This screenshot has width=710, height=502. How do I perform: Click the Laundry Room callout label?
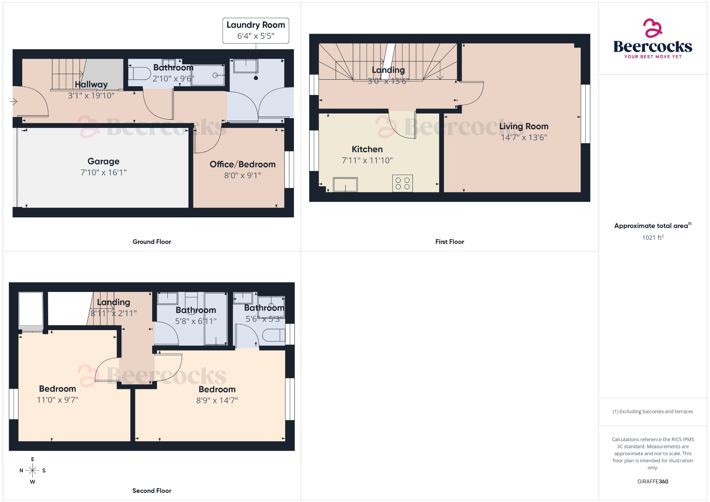(256, 25)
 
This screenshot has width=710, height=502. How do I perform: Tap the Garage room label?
(103, 161)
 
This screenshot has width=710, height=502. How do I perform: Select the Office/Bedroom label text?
(242, 164)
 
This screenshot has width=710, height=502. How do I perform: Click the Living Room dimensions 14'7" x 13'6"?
(523, 138)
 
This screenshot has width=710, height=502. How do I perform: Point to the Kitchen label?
(367, 149)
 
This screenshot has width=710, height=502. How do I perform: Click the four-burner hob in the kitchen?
(402, 183)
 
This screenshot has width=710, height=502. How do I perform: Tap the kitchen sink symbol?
(345, 185)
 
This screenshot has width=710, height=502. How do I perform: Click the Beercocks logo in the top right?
(652, 40)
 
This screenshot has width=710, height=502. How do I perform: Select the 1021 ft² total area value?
(652, 237)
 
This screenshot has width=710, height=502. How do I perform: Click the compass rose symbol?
(33, 470)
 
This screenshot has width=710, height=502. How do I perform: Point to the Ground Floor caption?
(151, 242)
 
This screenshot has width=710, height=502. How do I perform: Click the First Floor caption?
(449, 242)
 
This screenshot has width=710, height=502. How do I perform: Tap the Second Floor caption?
(151, 491)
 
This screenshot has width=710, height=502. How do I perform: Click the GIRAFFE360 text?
(652, 482)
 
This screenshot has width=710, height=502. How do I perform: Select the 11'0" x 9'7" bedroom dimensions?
(58, 400)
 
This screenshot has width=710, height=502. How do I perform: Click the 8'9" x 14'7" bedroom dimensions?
(217, 401)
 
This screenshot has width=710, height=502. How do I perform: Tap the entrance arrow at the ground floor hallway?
(14, 102)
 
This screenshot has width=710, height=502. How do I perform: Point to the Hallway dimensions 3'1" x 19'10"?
(91, 96)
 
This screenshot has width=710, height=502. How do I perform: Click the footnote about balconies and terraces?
(652, 412)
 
